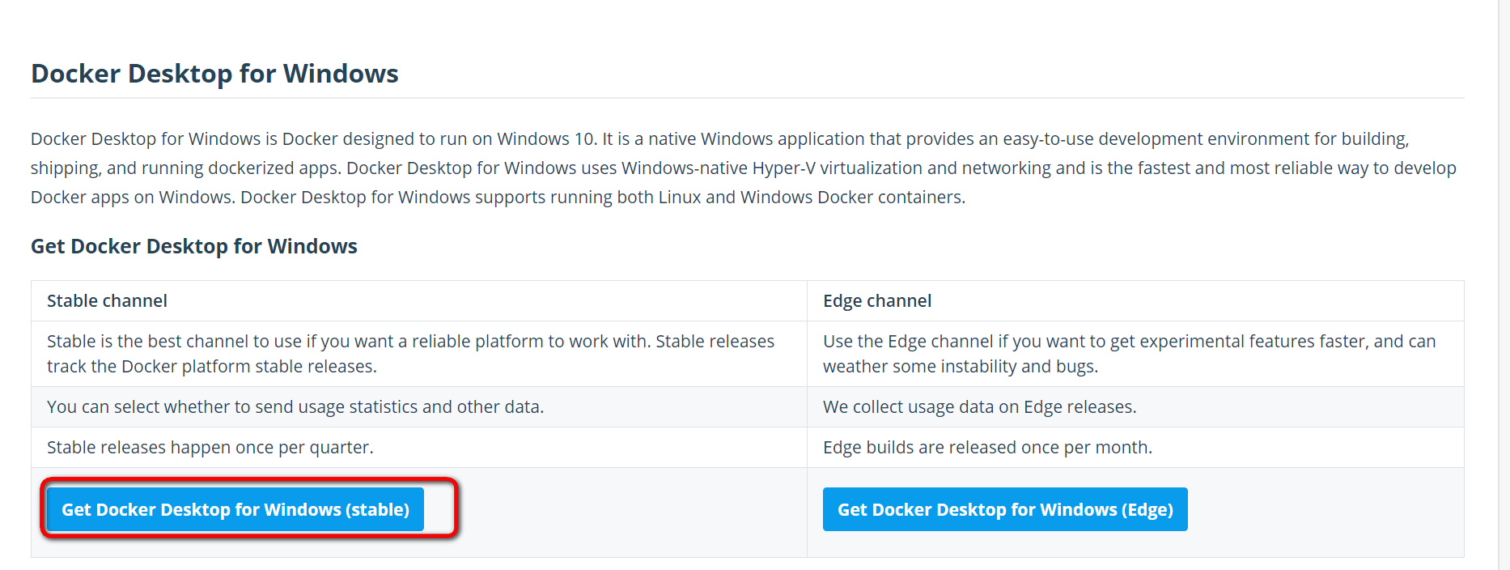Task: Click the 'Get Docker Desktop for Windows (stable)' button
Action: (235, 509)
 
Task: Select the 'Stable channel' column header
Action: (107, 301)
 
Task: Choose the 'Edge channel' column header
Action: (877, 301)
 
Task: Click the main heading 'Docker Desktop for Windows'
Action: (214, 74)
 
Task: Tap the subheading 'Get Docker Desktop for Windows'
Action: (194, 246)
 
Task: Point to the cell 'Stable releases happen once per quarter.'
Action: (210, 448)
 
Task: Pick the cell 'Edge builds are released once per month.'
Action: (987, 448)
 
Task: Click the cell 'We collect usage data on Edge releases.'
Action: (980, 407)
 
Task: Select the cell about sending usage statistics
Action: (295, 407)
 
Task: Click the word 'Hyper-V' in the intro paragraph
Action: (784, 168)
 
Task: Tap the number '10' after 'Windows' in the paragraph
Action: (584, 139)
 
